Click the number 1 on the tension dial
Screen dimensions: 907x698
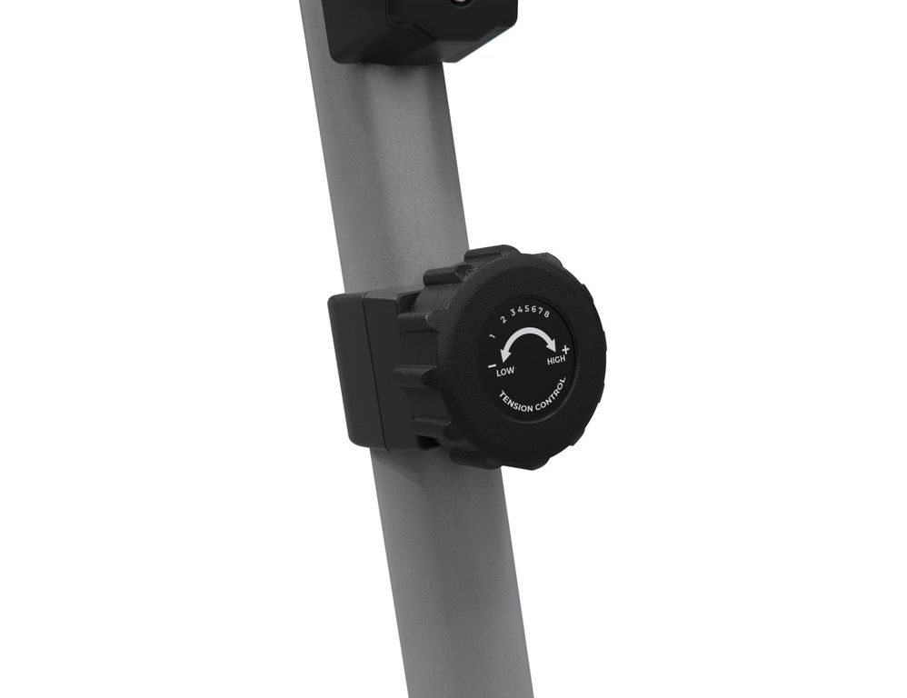tap(492, 336)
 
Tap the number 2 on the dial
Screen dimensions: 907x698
tap(503, 319)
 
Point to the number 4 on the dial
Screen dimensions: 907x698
tap(520, 309)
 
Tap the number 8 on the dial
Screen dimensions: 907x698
tap(546, 314)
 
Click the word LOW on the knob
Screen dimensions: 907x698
tap(505, 371)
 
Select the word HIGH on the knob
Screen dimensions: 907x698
tap(556, 360)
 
